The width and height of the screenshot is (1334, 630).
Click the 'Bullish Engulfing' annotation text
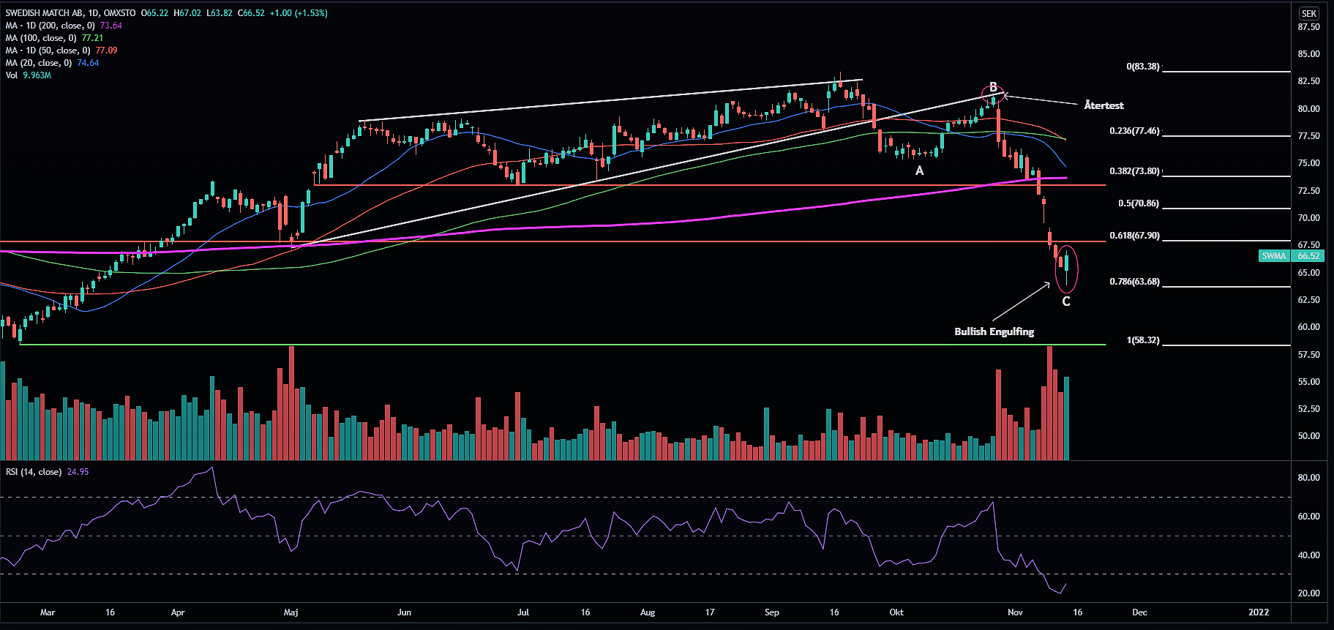[x=994, y=331]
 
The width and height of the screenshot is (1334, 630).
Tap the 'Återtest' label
[x=1103, y=105]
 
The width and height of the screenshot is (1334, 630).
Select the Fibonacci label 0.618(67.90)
[x=1134, y=236]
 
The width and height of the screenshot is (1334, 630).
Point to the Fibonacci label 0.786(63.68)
[x=1134, y=282]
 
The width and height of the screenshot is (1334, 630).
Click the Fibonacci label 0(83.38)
[x=1142, y=67]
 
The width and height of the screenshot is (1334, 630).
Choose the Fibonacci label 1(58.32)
[x=1143, y=340]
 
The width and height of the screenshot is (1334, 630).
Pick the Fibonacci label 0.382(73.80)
[x=1134, y=171]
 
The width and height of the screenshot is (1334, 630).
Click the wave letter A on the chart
[x=920, y=170]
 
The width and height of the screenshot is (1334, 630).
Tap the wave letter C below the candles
[x=1066, y=301]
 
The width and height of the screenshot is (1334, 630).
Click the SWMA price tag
[x=1274, y=256]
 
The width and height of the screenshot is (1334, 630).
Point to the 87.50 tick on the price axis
[x=1308, y=27]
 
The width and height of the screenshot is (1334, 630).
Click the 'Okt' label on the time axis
[x=896, y=612]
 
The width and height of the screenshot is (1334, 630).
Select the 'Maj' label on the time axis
[x=291, y=612]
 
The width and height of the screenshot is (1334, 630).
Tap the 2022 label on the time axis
[x=1259, y=612]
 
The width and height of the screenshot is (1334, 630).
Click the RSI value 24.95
[x=78, y=472]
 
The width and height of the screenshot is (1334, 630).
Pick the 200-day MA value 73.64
[x=110, y=26]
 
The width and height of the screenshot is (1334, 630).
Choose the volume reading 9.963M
[x=37, y=75]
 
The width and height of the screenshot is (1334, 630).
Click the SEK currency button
[x=1309, y=13]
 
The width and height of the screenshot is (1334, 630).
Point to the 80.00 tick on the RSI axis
[x=1308, y=478]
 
